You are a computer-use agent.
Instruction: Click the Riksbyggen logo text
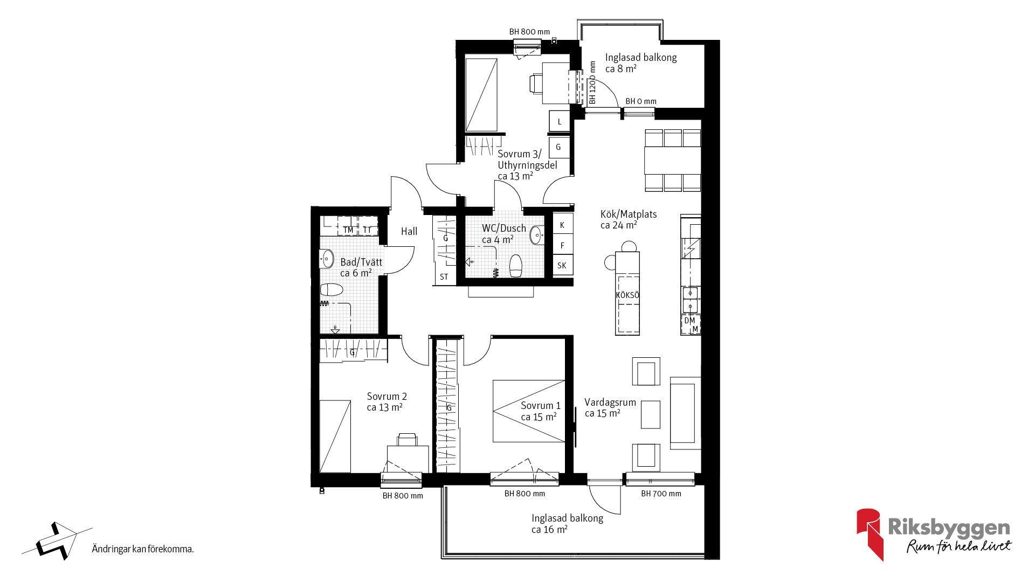click(949, 528)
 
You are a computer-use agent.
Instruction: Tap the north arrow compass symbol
click(57, 541)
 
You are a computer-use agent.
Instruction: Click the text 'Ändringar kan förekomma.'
click(143, 549)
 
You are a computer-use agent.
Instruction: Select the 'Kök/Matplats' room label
click(629, 214)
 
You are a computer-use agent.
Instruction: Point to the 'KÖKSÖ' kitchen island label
click(627, 295)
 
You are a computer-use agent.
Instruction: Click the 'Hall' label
click(409, 231)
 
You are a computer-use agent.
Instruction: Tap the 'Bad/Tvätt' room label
click(361, 262)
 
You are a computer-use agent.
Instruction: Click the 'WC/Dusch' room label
click(504, 228)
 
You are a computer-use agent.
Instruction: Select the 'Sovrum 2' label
click(387, 396)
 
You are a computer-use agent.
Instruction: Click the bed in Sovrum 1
click(529, 411)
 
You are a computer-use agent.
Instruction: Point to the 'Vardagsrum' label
click(610, 402)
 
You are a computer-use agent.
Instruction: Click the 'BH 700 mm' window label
click(661, 494)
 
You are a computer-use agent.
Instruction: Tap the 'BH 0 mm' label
click(641, 101)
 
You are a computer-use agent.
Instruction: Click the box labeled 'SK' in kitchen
click(563, 265)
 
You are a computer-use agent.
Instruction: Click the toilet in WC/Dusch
click(516, 265)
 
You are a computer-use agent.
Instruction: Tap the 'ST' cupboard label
click(444, 277)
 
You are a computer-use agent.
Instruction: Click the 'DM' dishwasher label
click(689, 321)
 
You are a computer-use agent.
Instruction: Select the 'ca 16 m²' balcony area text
click(549, 530)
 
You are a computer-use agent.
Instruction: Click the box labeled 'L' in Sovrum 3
click(560, 121)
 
